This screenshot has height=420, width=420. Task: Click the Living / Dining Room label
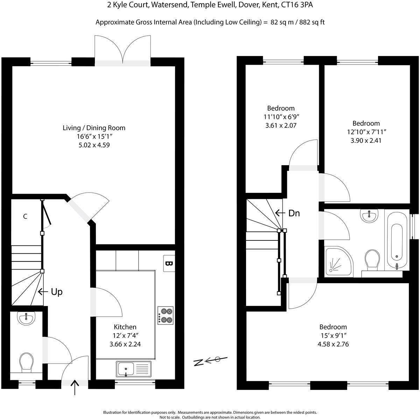click(x=93, y=128)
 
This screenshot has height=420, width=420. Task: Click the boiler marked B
click(x=169, y=263)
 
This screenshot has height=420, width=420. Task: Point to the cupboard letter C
click(x=25, y=217)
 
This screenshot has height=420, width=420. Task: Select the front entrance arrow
click(x=75, y=387)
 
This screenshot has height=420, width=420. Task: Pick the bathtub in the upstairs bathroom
click(x=397, y=241)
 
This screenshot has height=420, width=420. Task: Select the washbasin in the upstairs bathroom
click(x=369, y=216)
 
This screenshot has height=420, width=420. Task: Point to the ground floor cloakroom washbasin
click(x=26, y=318)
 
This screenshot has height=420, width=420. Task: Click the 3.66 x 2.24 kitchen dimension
click(x=125, y=344)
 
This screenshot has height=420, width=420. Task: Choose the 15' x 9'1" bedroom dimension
click(x=333, y=336)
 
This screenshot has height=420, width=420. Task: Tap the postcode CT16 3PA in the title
click(x=300, y=5)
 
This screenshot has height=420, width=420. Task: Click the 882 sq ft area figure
click(x=311, y=22)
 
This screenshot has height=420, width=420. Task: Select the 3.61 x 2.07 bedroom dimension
click(x=281, y=125)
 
